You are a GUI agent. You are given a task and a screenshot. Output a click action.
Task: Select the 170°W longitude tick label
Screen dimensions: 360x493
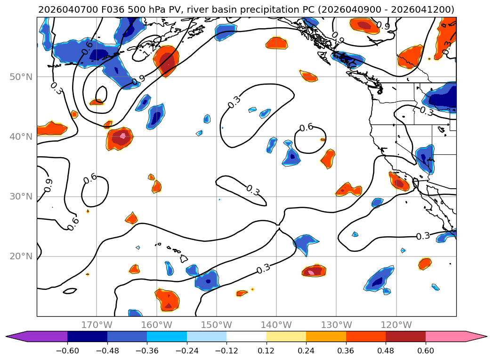tap(97, 325)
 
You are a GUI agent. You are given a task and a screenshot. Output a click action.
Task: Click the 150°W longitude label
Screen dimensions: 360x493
tap(217, 325)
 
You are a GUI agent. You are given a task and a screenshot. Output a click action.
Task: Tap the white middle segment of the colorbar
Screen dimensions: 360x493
tap(246, 336)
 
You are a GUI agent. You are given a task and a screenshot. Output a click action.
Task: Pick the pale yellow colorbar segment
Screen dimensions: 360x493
tap(286, 336)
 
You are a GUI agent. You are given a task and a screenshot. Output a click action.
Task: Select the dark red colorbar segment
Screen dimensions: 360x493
tap(405, 336)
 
